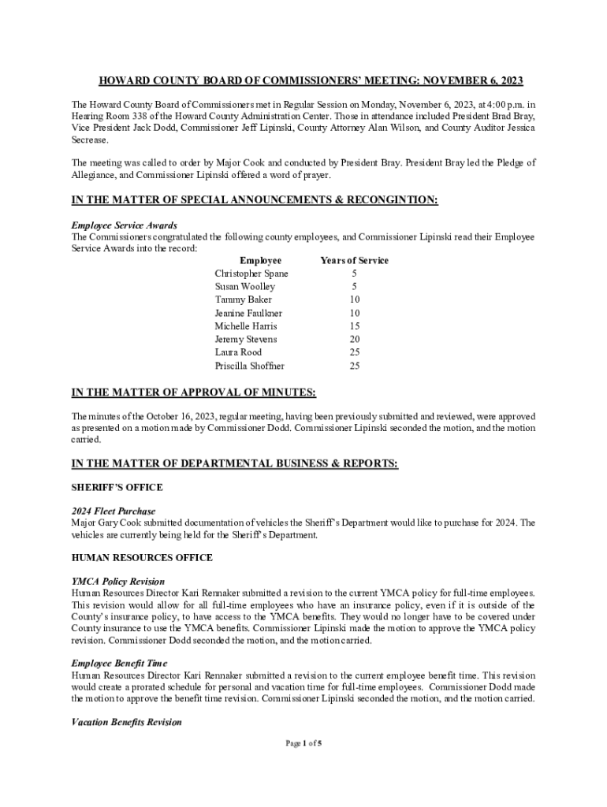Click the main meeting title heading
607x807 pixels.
(x=310, y=81)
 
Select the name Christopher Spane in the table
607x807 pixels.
(x=251, y=273)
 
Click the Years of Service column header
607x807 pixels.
(x=354, y=260)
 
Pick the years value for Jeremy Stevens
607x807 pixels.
(x=355, y=339)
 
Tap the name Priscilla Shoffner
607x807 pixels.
(x=250, y=366)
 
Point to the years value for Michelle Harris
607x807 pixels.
(x=355, y=326)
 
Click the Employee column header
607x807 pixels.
(x=260, y=260)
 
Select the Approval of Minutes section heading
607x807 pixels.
(x=194, y=392)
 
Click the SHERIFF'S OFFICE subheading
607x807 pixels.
(x=117, y=488)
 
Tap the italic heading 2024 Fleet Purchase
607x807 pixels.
(x=114, y=511)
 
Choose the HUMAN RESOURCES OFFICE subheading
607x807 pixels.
(x=142, y=558)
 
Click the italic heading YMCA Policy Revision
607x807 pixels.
(x=118, y=581)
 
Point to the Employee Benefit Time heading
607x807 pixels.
(x=119, y=664)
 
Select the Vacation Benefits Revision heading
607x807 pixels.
(x=126, y=722)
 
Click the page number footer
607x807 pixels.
(x=303, y=743)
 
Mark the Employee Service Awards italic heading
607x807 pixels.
(x=124, y=225)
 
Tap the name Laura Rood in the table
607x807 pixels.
(x=238, y=352)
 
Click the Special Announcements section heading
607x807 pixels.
(x=254, y=200)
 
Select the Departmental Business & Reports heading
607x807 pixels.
(x=235, y=464)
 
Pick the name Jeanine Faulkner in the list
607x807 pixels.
(x=248, y=313)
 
